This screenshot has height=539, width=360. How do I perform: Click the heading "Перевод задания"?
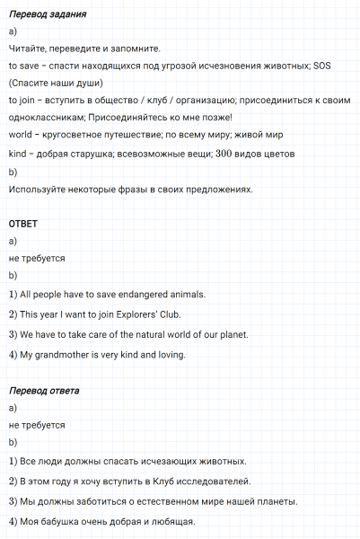click(x=47, y=15)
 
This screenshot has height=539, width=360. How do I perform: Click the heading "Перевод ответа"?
click(x=44, y=392)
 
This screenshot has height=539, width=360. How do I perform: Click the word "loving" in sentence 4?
click(x=169, y=355)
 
